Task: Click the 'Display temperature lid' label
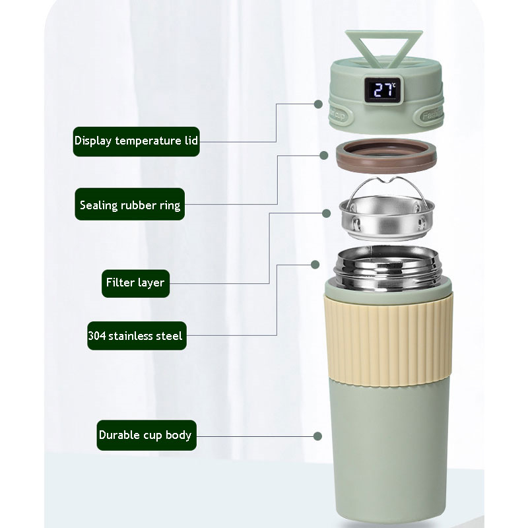[x=137, y=141]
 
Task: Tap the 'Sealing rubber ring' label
[x=129, y=204]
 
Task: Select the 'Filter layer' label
[x=135, y=283]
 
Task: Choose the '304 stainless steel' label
[x=137, y=336]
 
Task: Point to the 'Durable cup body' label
[x=147, y=435]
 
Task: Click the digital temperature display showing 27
[x=384, y=90]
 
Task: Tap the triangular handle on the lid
[x=384, y=47]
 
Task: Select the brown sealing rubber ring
[x=386, y=156]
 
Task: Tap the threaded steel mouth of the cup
[x=387, y=268]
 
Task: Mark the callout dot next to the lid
[x=318, y=104]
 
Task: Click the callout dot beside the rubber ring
[x=324, y=155]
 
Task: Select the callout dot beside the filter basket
[x=326, y=213]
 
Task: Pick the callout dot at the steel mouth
[x=315, y=265]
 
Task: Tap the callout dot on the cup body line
[x=317, y=436]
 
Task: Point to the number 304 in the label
[x=97, y=336]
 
